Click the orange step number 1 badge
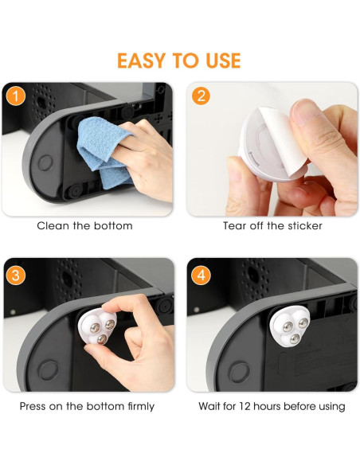(x=16, y=96)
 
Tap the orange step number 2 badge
(x=201, y=96)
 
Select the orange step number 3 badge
(x=16, y=275)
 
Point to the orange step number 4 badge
(x=201, y=275)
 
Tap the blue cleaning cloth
(x=103, y=151)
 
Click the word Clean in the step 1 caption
(x=53, y=226)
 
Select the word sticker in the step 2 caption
(x=305, y=226)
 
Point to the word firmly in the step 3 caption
(x=141, y=407)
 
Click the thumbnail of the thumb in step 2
(x=305, y=111)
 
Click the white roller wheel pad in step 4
(x=289, y=326)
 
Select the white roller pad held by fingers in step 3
(x=96, y=326)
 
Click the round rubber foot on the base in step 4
(x=239, y=372)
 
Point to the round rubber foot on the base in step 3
(x=49, y=370)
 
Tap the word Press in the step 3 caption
(x=33, y=406)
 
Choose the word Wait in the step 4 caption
(x=209, y=406)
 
